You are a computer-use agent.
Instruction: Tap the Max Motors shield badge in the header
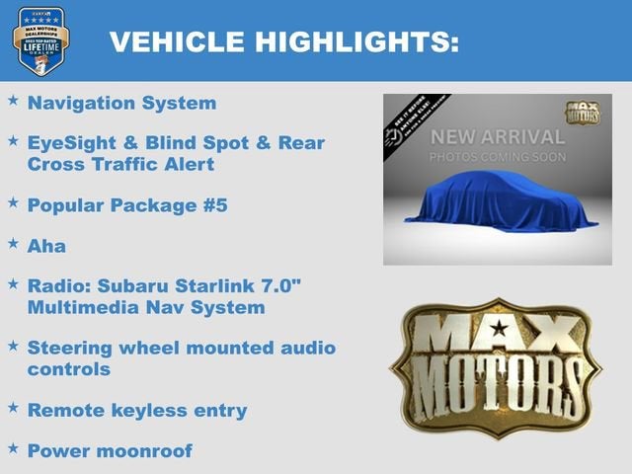coord(40,40)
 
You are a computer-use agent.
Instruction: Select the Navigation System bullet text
coord(121,102)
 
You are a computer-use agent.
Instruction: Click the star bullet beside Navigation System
coord(13,101)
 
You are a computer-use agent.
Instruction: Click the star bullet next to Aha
coord(13,242)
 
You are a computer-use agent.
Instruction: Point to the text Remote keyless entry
coord(137,409)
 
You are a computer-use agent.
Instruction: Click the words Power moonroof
coord(110,450)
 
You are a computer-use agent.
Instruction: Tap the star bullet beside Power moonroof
coord(13,448)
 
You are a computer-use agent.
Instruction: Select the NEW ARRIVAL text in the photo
coord(497,137)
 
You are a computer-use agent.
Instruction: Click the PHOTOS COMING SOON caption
coord(497,158)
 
